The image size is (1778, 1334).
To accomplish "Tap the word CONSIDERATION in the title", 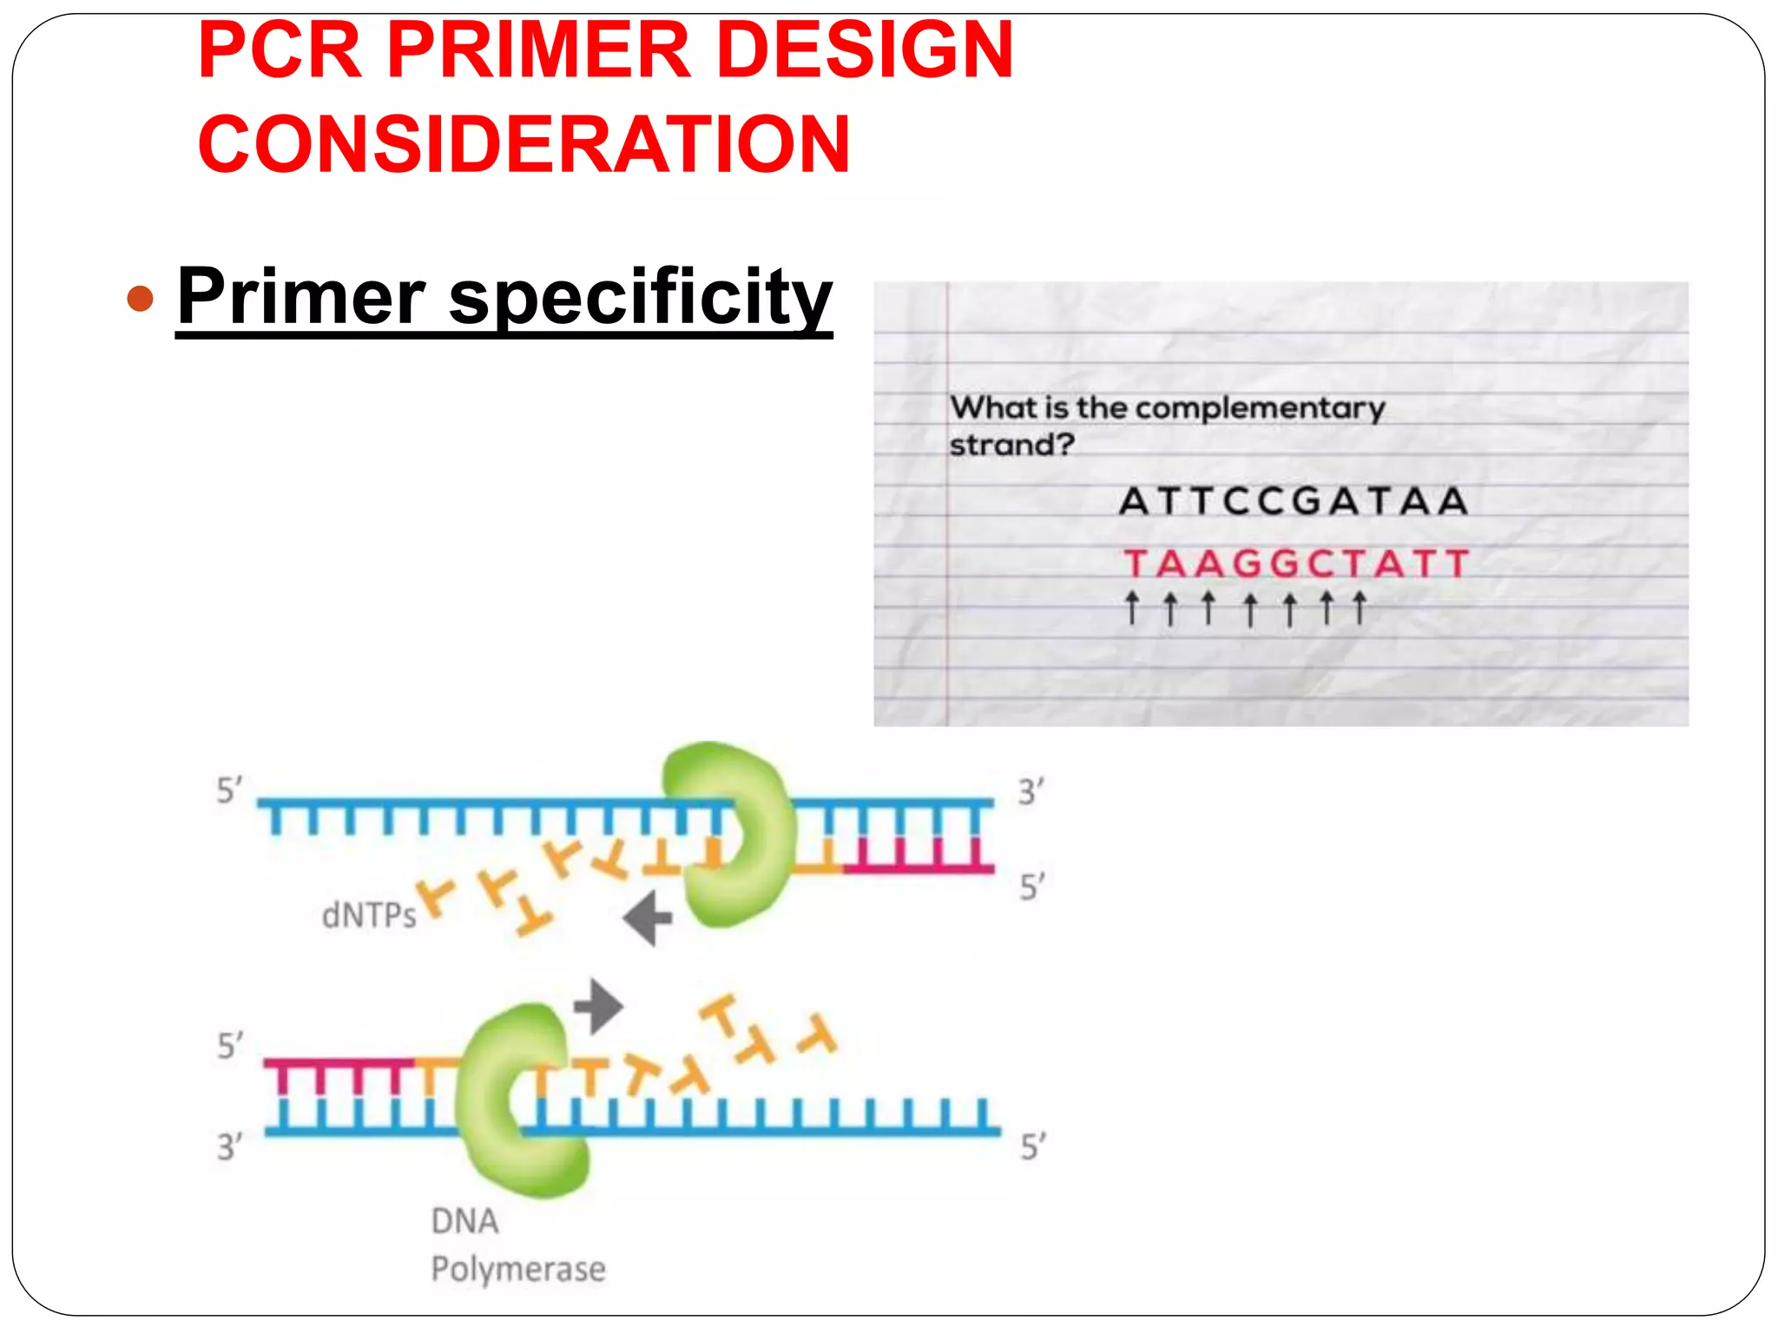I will [524, 144].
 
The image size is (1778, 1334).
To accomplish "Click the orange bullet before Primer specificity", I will [140, 299].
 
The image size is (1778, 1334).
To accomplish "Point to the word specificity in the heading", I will [640, 297].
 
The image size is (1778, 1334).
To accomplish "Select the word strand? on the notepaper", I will [1011, 446].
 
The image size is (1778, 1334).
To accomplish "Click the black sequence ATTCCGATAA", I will [1294, 501].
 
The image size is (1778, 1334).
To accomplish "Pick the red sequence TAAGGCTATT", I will [1296, 564].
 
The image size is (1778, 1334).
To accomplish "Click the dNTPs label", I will [369, 915].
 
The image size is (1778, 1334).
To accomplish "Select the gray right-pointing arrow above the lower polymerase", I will [598, 1007].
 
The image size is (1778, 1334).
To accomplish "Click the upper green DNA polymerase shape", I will [729, 834].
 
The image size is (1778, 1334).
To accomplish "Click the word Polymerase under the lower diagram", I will [518, 1270].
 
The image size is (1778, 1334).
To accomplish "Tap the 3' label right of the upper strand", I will [1031, 792].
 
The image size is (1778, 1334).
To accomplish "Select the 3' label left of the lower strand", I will [228, 1146].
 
